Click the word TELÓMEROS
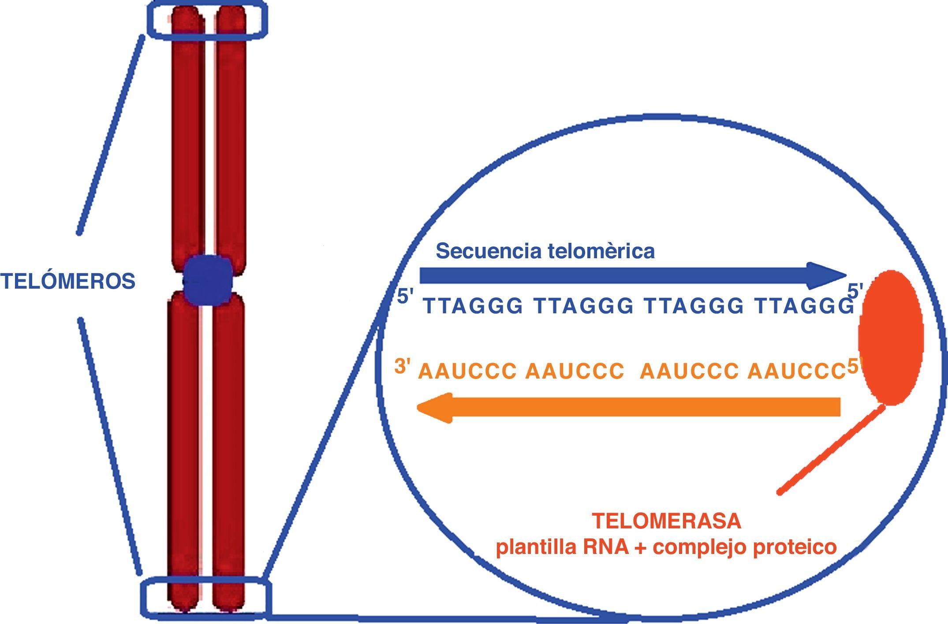[x=67, y=281]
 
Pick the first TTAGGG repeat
[x=473, y=306]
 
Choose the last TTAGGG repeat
[x=804, y=306]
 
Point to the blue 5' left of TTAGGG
[x=405, y=297]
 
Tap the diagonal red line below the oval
[x=831, y=449]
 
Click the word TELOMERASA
[x=666, y=521]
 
